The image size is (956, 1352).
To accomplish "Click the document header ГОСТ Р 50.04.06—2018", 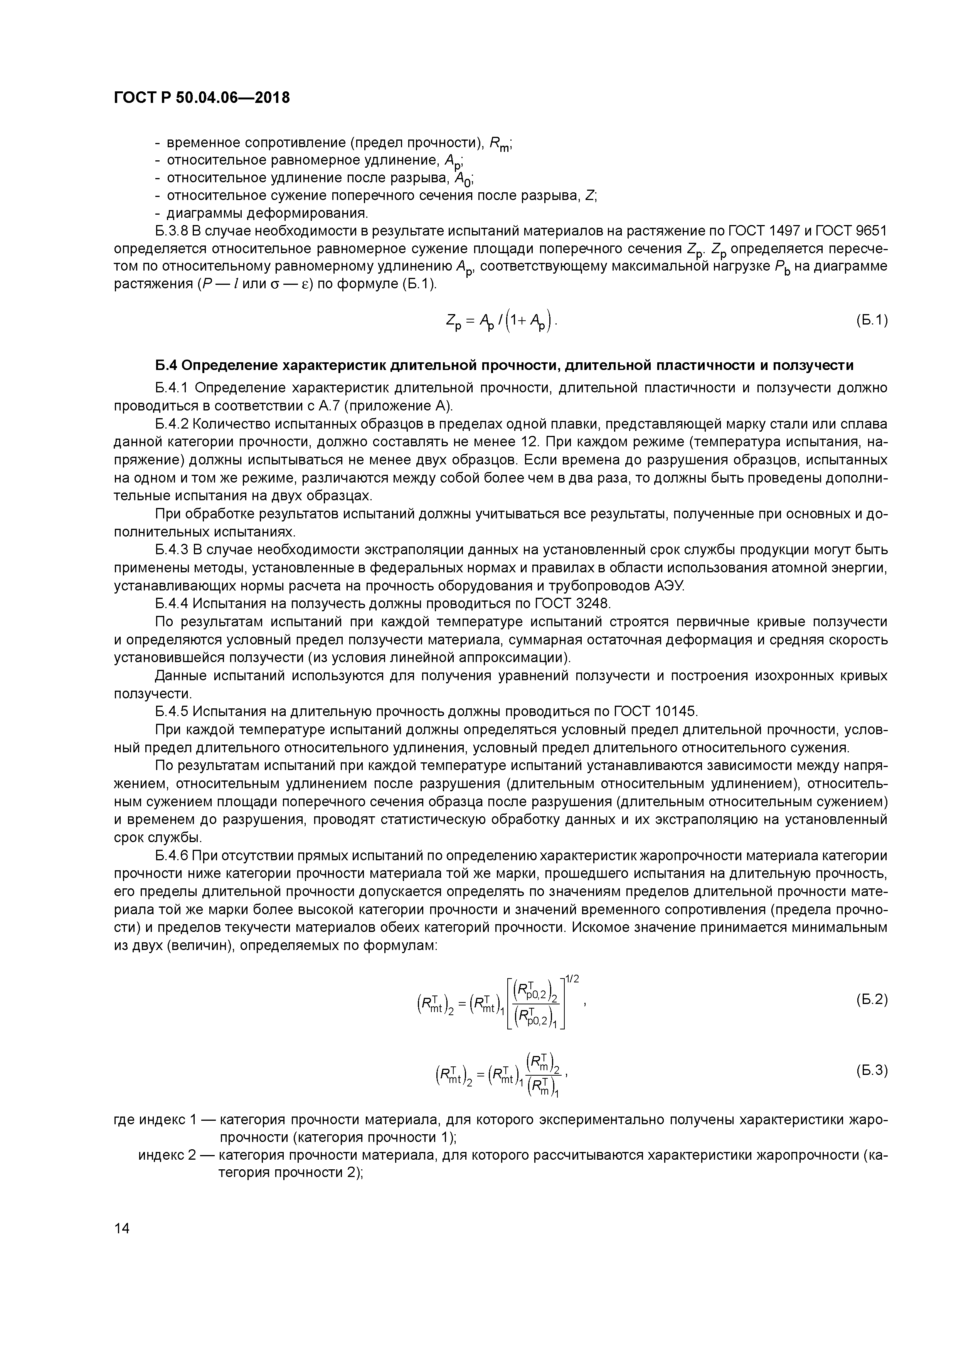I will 202,98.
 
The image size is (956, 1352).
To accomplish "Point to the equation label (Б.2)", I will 871,999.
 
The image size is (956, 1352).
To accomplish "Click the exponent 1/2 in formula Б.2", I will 572,979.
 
